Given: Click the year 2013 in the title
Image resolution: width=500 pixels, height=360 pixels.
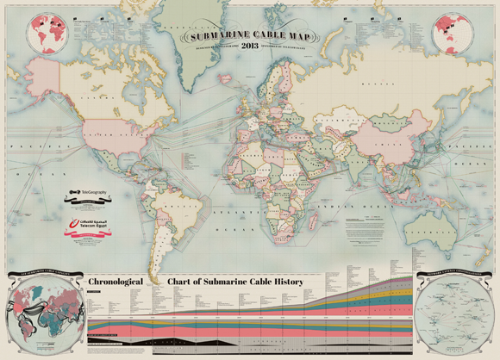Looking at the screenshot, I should point(249,45).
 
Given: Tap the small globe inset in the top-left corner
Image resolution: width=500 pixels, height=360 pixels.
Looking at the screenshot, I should point(48,33).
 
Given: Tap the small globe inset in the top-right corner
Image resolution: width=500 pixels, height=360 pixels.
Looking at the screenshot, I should point(451,33).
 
